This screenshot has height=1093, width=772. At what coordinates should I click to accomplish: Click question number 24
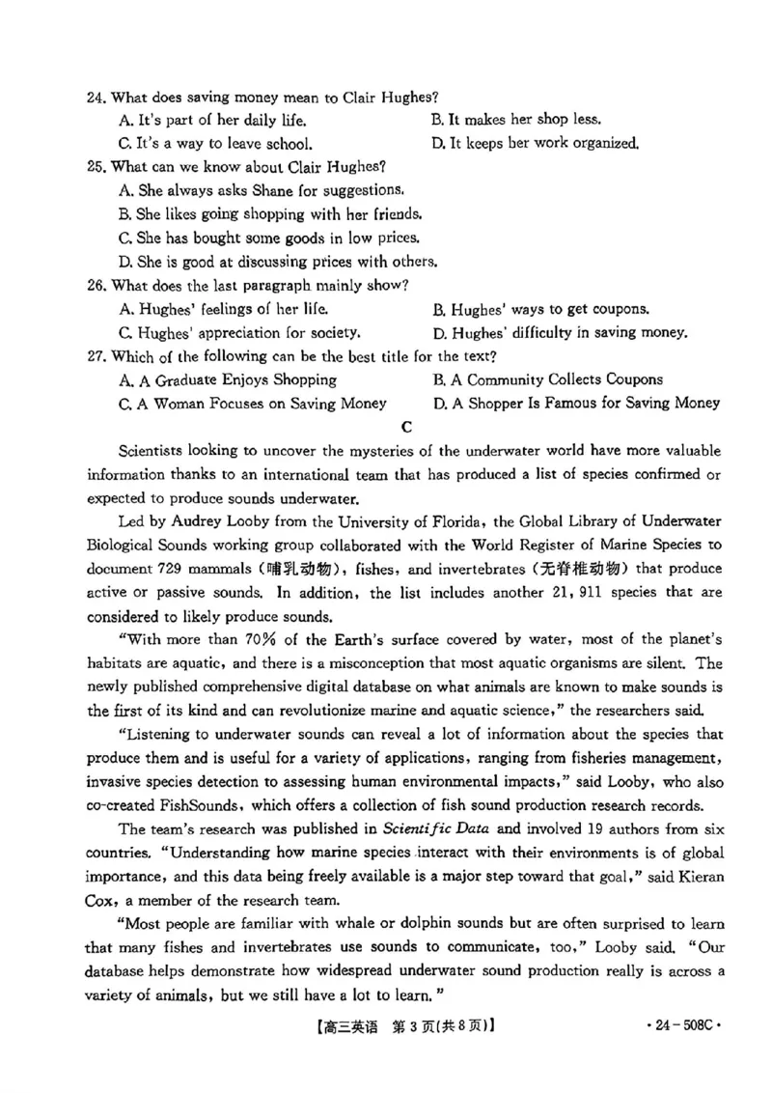pyautogui.click(x=95, y=98)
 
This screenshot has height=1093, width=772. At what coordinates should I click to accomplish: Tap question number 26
pyautogui.click(x=95, y=286)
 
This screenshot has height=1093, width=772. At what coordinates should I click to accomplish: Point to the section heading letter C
pyautogui.click(x=405, y=426)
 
